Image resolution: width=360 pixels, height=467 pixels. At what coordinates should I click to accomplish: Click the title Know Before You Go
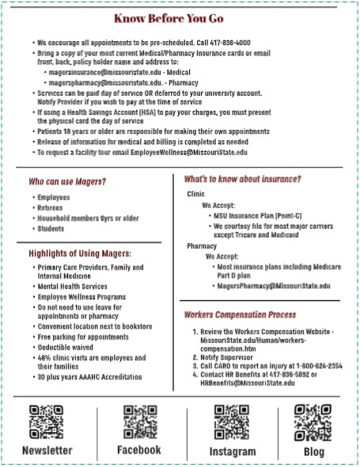tap(180, 17)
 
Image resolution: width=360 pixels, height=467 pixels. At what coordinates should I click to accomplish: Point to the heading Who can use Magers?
tap(67, 182)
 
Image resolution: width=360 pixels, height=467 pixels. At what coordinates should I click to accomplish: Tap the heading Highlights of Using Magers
tap(80, 253)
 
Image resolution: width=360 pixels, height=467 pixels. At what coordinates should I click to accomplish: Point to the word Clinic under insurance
tap(195, 194)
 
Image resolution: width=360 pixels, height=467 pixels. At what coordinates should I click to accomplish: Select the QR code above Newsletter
tap(47, 422)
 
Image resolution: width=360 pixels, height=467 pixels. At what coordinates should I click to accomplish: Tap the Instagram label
tap(232, 451)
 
